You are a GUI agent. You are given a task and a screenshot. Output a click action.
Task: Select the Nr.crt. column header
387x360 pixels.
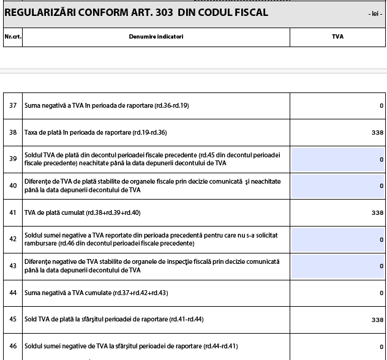12,37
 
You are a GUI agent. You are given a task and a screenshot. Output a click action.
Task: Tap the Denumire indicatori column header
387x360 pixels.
156,37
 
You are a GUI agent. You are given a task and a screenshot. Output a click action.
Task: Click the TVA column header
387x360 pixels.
337,37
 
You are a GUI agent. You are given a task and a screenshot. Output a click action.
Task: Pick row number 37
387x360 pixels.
13,106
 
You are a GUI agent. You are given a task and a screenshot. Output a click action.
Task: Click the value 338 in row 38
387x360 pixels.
377,132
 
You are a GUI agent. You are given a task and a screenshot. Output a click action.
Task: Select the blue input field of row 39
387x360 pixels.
337,159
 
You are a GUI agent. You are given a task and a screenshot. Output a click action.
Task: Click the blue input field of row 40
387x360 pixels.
337,186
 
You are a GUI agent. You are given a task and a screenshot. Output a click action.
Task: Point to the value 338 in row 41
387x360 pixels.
377,213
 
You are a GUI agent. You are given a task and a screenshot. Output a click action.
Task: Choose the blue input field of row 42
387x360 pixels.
337,239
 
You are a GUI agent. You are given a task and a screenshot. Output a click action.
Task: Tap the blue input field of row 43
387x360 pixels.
337,266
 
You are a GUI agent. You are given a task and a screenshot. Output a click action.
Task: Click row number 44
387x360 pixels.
13,293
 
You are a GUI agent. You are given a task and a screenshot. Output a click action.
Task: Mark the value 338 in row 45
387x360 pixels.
377,320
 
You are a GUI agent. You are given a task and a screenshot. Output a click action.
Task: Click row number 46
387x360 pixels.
13,347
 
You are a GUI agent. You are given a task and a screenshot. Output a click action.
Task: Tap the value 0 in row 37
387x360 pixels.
381,106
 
